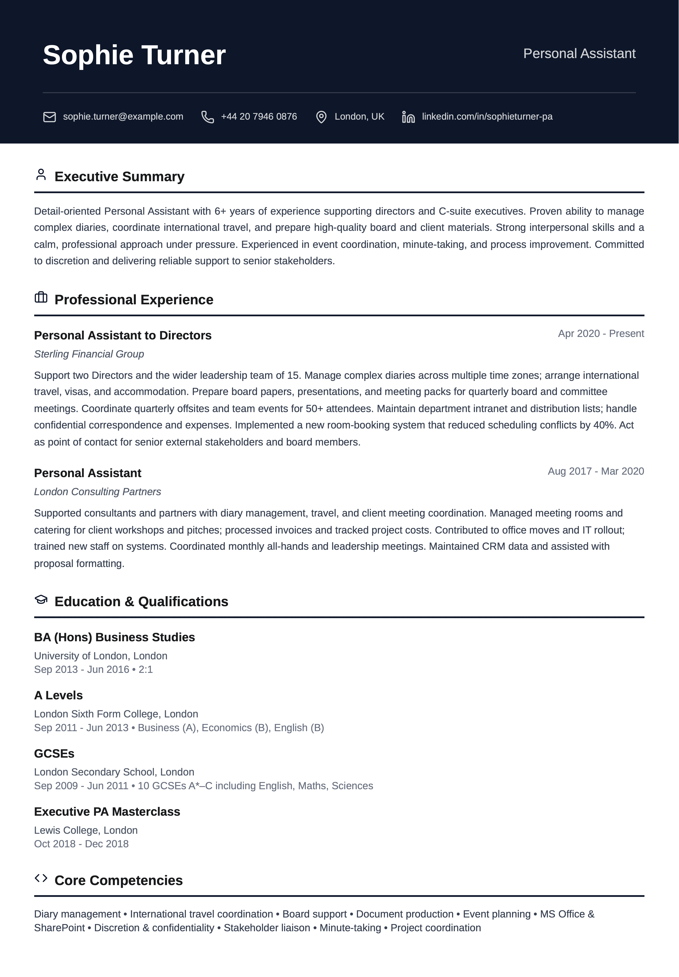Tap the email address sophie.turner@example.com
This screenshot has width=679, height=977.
[x=123, y=117]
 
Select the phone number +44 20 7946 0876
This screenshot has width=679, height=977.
[x=259, y=117]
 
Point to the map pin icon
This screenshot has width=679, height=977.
[x=321, y=117]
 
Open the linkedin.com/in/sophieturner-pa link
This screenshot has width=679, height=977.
[x=487, y=117]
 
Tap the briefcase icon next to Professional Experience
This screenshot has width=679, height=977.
[x=41, y=297]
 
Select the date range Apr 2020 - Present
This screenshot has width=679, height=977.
[x=601, y=334]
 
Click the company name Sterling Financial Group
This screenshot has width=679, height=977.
[x=89, y=354]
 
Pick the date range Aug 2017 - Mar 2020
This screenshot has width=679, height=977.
[x=596, y=471]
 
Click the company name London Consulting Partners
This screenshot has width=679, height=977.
[x=97, y=492]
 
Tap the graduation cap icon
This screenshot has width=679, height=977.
[x=41, y=600]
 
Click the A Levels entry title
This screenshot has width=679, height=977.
[x=58, y=695]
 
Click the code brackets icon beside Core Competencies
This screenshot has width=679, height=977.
[x=41, y=878]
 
